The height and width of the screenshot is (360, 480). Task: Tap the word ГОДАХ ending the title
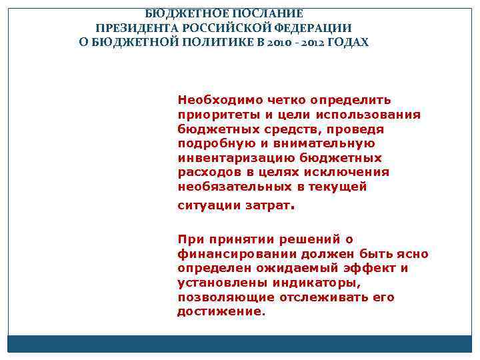[349, 43]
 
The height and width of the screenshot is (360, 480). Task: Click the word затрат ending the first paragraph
[268, 206]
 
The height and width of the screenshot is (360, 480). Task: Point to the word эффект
[371, 268]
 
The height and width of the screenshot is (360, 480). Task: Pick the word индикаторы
[312, 283]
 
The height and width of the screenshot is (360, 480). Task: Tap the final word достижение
[221, 312]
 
